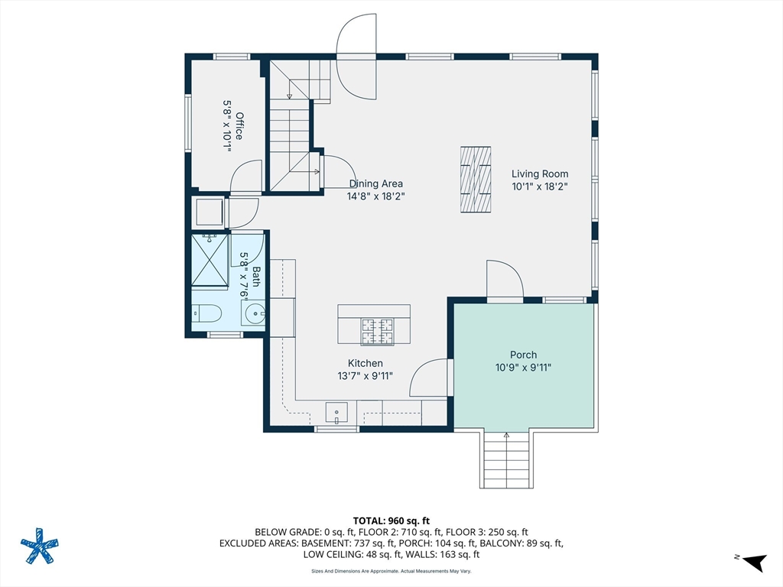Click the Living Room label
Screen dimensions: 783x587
(540, 174)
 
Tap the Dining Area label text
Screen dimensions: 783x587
(376, 183)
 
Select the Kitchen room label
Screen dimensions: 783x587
(366, 363)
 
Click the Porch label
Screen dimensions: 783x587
(523, 355)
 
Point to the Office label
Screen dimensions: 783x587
(239, 126)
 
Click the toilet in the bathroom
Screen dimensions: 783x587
(206, 313)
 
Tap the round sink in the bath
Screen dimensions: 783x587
(255, 314)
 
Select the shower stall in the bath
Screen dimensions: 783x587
(210, 260)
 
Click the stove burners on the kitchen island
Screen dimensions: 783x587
(377, 332)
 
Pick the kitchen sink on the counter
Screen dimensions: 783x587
(336, 413)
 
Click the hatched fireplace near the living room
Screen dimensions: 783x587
(476, 180)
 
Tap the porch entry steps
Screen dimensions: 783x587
(506, 459)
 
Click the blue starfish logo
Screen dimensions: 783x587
(40, 546)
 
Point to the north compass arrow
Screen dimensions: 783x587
(755, 562)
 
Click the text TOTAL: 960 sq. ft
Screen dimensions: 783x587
(391, 521)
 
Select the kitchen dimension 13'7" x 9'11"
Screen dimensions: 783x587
(366, 376)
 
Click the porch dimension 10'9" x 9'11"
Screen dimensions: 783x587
(523, 368)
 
